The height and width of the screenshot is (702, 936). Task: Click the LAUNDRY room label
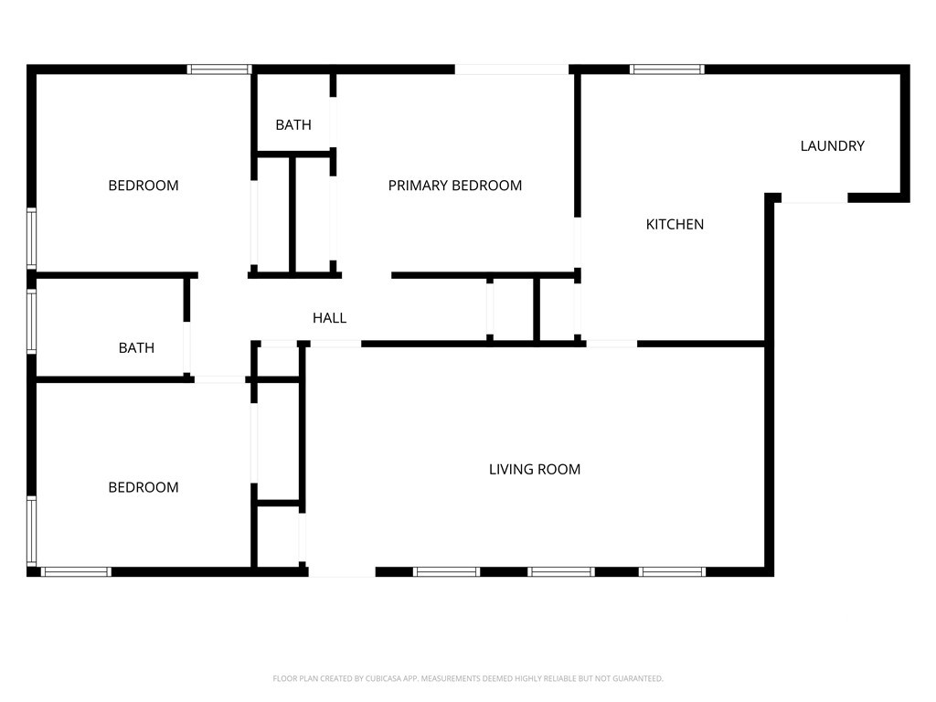click(x=832, y=145)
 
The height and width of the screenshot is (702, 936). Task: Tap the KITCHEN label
click(x=675, y=225)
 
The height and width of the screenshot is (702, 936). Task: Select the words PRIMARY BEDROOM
click(x=455, y=186)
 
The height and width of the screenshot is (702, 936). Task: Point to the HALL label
click(x=329, y=318)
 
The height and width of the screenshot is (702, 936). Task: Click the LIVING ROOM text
click(x=535, y=470)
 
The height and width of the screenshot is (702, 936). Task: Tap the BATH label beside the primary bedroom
click(x=293, y=124)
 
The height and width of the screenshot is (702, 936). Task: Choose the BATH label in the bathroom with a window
click(x=136, y=348)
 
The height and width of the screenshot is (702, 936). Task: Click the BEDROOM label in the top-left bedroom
click(x=144, y=186)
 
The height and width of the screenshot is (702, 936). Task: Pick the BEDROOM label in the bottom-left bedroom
click(x=144, y=488)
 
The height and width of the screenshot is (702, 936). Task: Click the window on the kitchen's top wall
click(x=666, y=69)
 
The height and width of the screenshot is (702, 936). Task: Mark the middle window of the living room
click(x=561, y=572)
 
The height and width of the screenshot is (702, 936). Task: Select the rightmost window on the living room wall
click(x=672, y=572)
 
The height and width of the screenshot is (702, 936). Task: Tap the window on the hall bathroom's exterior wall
click(x=32, y=321)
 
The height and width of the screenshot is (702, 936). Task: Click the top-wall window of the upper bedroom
click(x=219, y=69)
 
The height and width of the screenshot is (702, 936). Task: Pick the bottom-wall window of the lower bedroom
click(x=76, y=572)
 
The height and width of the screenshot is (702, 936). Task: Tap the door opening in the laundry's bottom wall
click(x=814, y=198)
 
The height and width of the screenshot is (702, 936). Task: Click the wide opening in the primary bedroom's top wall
click(x=512, y=69)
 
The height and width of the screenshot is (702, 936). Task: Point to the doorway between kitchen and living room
click(x=612, y=344)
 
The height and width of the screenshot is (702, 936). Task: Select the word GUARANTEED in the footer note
click(x=639, y=679)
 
